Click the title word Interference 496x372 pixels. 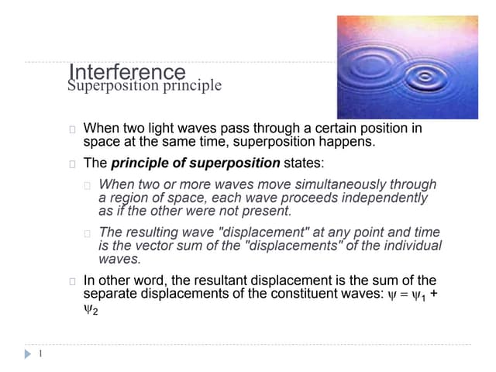click(126, 73)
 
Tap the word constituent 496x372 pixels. click(285, 294)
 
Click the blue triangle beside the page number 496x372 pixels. click(28, 354)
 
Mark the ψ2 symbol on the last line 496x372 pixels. click(91, 308)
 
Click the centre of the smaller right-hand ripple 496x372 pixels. click(425, 77)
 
